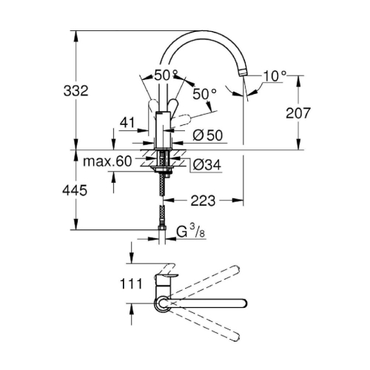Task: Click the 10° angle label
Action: click(275, 76)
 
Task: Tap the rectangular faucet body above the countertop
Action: click(164, 129)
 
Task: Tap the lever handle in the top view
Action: click(167, 280)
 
